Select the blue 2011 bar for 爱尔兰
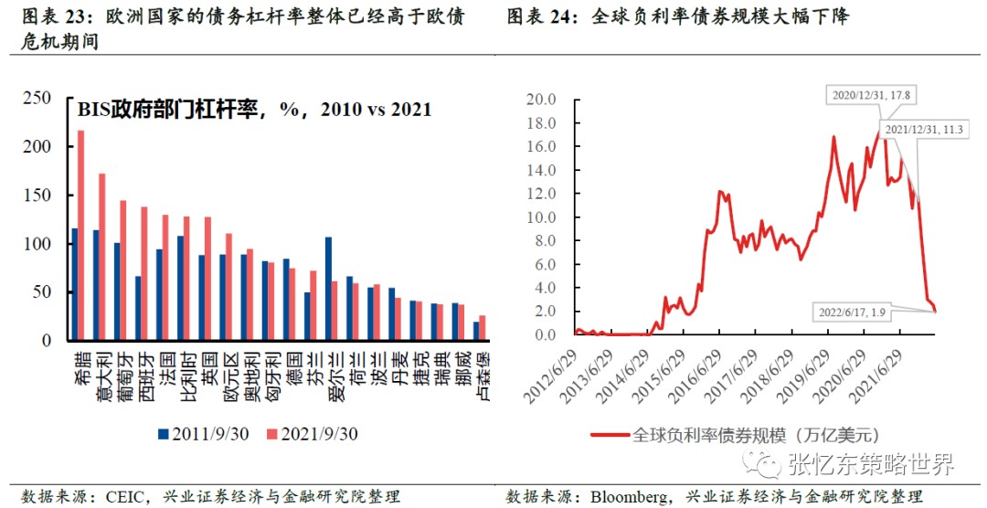(328, 289)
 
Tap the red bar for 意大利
(101, 257)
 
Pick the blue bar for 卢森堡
(476, 331)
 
